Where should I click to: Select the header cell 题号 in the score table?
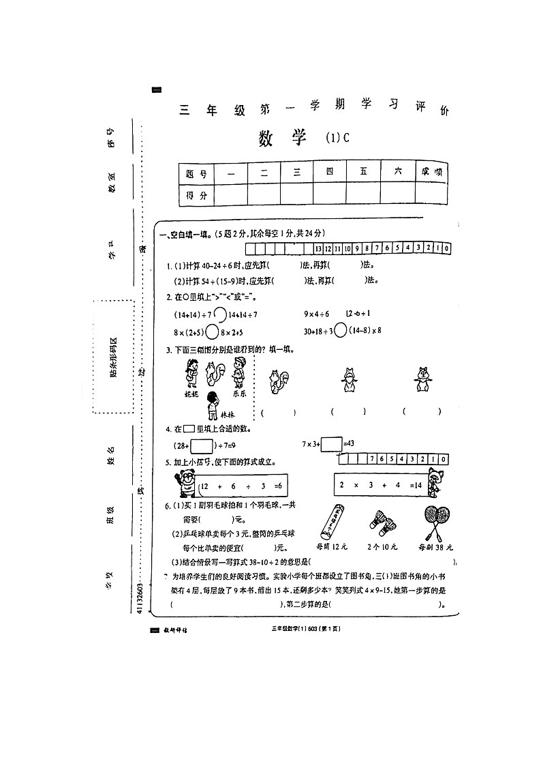click(196, 173)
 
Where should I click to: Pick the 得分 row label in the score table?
click(196, 195)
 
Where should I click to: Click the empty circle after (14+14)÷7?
click(220, 315)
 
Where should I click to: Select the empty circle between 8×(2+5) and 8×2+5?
click(212, 332)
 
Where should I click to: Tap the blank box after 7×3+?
click(331, 444)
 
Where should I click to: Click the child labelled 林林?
click(213, 402)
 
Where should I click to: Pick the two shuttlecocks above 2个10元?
click(382, 523)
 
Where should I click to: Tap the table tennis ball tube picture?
click(332, 522)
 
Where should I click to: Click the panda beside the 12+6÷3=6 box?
click(184, 485)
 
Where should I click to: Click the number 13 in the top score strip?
click(319, 249)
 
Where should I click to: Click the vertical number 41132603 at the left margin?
click(140, 597)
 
